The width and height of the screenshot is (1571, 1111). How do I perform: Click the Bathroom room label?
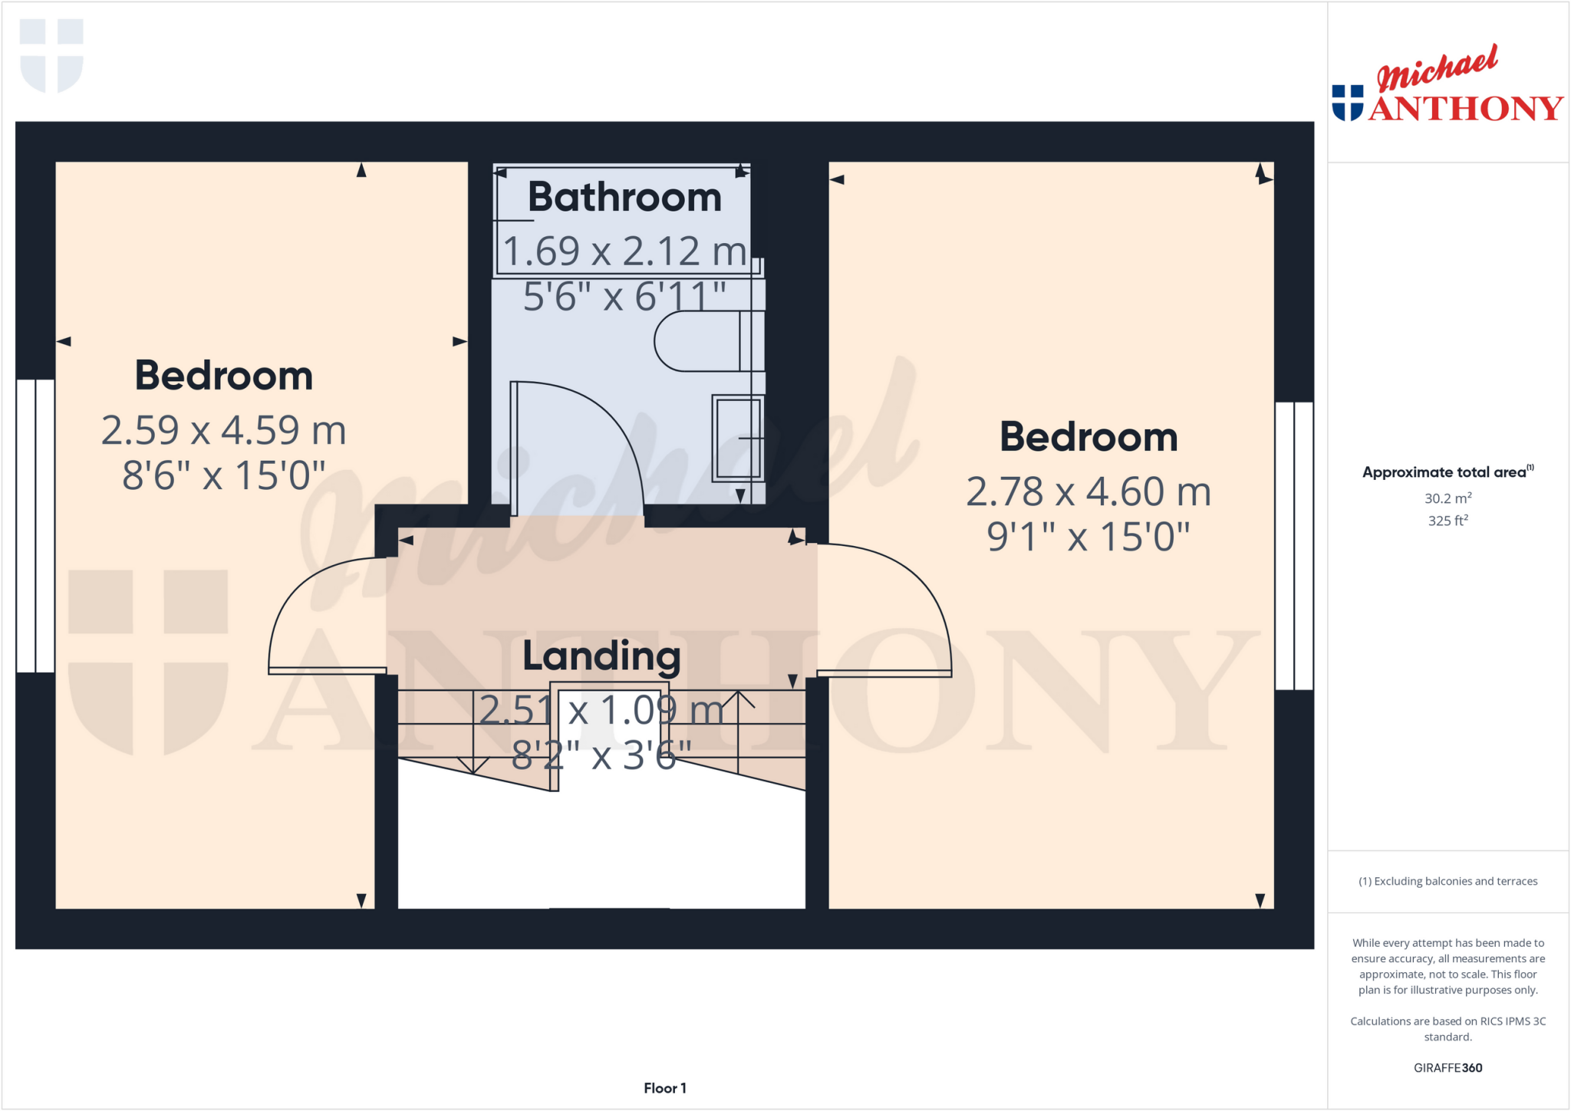[624, 198]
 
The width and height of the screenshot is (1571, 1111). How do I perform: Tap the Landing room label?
[601, 656]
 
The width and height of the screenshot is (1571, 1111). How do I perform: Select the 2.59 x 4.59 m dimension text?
[223, 430]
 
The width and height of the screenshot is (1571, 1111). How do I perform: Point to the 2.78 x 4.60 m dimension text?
[1088, 491]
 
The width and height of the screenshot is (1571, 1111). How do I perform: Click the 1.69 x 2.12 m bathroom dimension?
[624, 251]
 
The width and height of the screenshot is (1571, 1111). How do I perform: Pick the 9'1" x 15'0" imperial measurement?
[1088, 537]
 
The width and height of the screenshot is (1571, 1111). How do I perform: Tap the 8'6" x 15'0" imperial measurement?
[223, 475]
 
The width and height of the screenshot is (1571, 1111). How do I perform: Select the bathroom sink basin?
[737, 438]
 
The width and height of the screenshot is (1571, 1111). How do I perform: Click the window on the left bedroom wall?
[35, 526]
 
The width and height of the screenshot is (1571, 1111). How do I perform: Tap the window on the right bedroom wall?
[1294, 546]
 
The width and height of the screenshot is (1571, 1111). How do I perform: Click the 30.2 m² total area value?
[1447, 498]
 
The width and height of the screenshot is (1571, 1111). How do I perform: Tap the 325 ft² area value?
[1447, 521]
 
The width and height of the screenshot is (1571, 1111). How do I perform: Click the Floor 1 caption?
[664, 1088]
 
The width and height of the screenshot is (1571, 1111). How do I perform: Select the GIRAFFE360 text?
[1447, 1067]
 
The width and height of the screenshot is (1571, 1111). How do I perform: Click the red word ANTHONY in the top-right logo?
[1466, 108]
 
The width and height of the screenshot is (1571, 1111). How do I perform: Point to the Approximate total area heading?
[1444, 472]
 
